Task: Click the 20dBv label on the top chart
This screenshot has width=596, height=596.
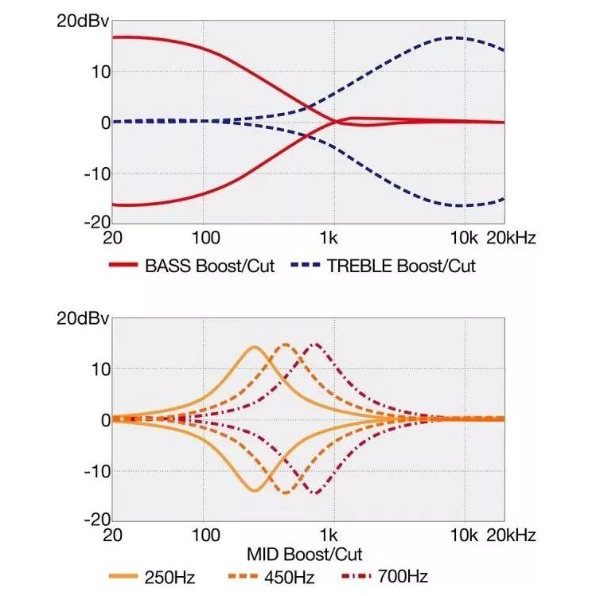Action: point(80,21)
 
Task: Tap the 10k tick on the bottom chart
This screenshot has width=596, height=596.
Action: point(462,534)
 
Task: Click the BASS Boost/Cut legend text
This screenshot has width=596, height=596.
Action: point(209,267)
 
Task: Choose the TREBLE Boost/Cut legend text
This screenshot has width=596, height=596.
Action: point(401,267)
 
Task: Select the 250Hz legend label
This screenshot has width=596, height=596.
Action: point(169,576)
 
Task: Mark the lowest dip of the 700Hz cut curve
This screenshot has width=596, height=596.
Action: point(316,493)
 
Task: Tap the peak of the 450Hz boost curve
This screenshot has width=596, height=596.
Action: point(286,345)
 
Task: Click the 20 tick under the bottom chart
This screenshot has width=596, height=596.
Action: point(114,534)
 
